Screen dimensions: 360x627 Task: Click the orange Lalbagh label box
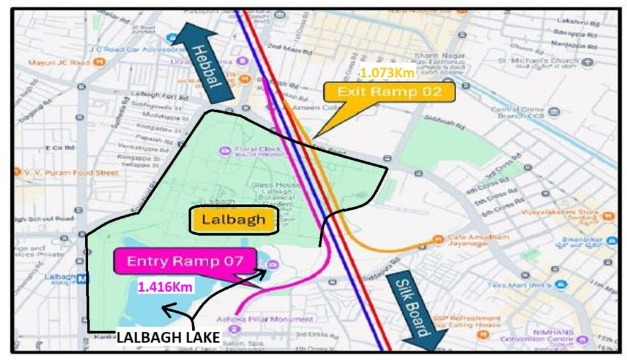click(x=235, y=220)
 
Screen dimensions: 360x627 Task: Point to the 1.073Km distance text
click(x=388, y=73)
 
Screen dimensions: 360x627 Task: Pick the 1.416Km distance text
click(x=165, y=287)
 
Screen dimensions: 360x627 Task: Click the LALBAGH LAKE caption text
click(x=168, y=337)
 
